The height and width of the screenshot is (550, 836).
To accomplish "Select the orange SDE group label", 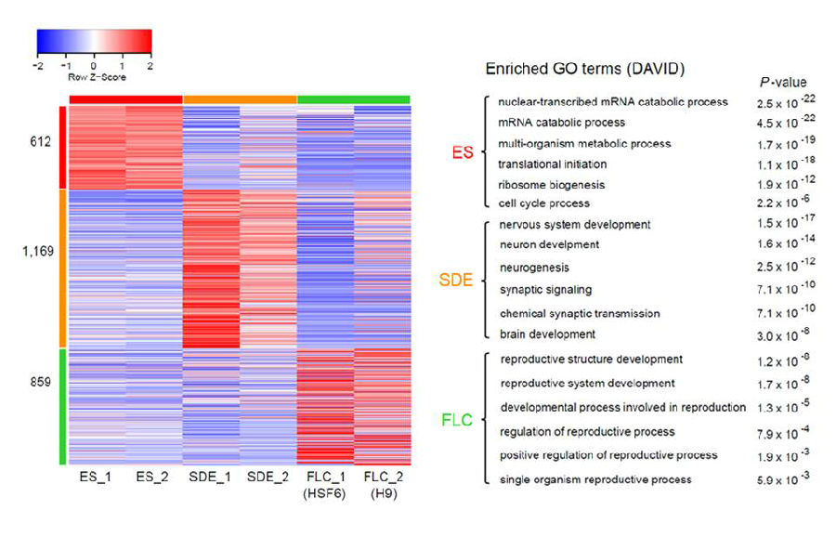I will pyautogui.click(x=455, y=280).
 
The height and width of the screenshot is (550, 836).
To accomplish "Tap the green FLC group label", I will pyautogui.click(x=456, y=420).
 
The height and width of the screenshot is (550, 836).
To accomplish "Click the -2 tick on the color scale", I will pyautogui.click(x=37, y=67).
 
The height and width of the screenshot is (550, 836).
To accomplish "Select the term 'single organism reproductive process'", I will pyautogui.click(x=595, y=479).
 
